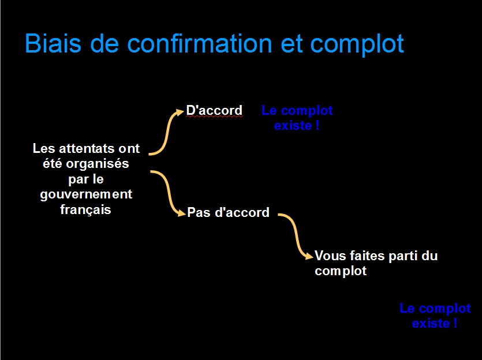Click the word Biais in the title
53,43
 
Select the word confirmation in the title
200,43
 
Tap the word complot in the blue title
357,45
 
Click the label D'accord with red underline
214,110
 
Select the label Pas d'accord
228,212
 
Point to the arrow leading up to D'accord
167,133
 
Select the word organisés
97,164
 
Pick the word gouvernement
86,194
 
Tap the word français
85,210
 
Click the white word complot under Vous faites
341,271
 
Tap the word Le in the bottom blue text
407,308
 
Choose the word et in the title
291,44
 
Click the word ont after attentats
129,149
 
